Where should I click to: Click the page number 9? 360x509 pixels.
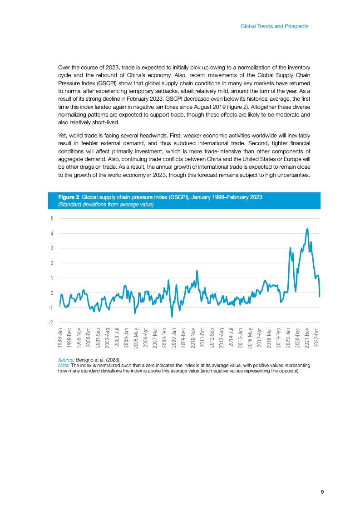[x=322, y=492]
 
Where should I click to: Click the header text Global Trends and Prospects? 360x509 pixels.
[x=274, y=26]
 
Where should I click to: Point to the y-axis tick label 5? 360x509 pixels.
[x=52, y=219]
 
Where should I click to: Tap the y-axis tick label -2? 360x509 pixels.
[x=51, y=323]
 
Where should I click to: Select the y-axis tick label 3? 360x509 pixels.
[x=52, y=248]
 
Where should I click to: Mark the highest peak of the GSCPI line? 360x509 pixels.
[x=307, y=229]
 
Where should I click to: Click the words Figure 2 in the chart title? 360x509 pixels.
[x=69, y=198]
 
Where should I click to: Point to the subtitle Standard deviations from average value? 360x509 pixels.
[x=106, y=205]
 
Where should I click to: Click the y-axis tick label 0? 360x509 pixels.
[x=52, y=293]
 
